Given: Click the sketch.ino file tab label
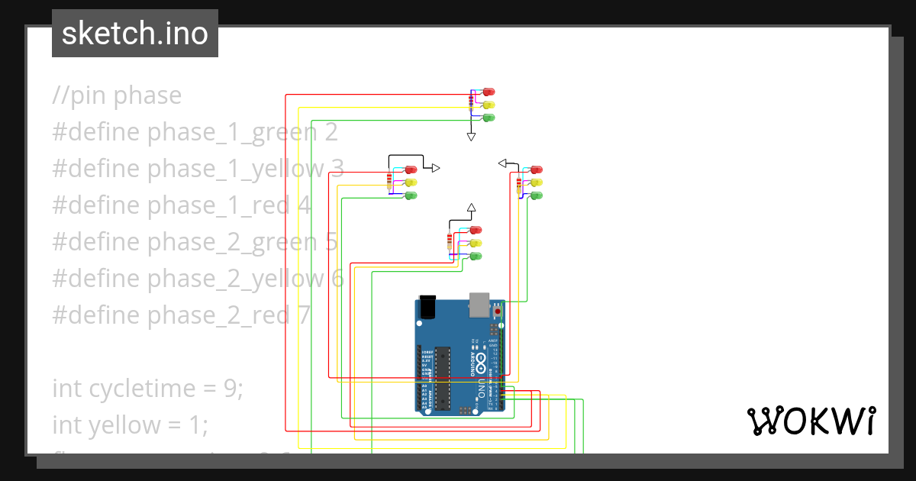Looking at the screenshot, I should [135, 34].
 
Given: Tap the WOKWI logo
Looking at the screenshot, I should [810, 421].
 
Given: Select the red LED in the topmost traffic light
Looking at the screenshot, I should [489, 92].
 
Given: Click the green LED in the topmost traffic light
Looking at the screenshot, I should [489, 118].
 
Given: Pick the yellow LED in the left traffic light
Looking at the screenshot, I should [411, 182].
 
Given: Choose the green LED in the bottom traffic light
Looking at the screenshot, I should [476, 256].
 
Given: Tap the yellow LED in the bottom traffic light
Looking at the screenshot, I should [476, 243].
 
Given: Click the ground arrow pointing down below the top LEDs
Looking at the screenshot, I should [471, 136].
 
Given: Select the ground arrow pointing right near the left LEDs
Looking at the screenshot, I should [435, 168].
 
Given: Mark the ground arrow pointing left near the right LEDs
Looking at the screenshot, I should [503, 163].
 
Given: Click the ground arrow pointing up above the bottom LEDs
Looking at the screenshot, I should [471, 208].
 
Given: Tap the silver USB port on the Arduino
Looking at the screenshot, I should [479, 303].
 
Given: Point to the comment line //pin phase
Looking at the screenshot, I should [117, 95].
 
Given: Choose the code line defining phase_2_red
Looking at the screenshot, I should [181, 315].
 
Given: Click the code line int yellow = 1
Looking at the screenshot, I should [130, 425].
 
